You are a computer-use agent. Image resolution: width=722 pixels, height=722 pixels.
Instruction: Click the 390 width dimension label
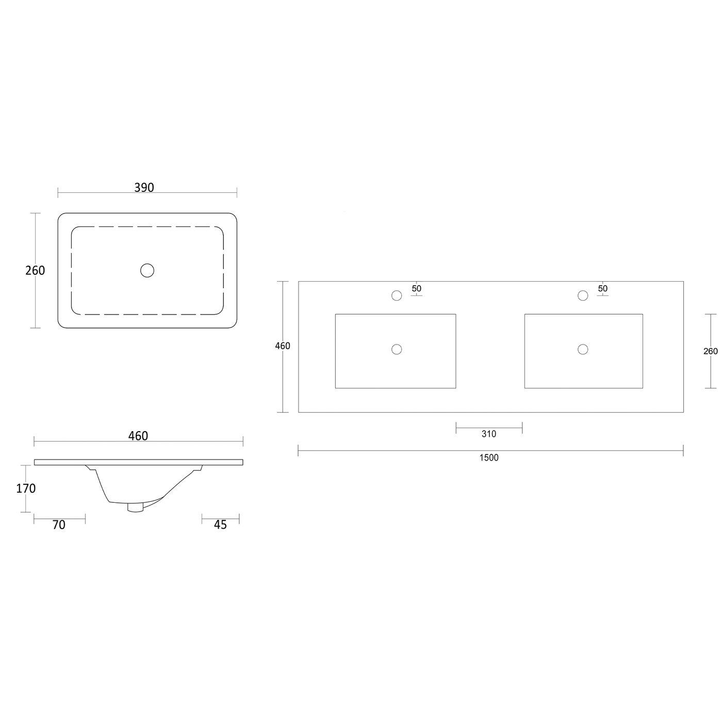[144, 187]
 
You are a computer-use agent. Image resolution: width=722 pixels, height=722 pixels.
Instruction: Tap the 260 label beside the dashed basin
[35, 270]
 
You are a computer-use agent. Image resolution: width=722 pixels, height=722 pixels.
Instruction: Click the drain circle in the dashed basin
[147, 270]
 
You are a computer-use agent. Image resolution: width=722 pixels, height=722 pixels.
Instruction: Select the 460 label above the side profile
[138, 436]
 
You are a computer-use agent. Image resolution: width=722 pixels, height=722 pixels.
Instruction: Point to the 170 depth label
[26, 488]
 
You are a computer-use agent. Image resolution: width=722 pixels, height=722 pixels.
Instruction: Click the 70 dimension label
[59, 525]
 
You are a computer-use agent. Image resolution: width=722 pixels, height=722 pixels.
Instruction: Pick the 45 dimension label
[220, 525]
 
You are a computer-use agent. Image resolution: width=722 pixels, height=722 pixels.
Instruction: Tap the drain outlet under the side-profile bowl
[136, 507]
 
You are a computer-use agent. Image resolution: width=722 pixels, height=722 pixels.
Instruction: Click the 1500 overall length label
[489, 457]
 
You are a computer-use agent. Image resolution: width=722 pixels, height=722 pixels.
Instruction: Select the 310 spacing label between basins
[489, 434]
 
